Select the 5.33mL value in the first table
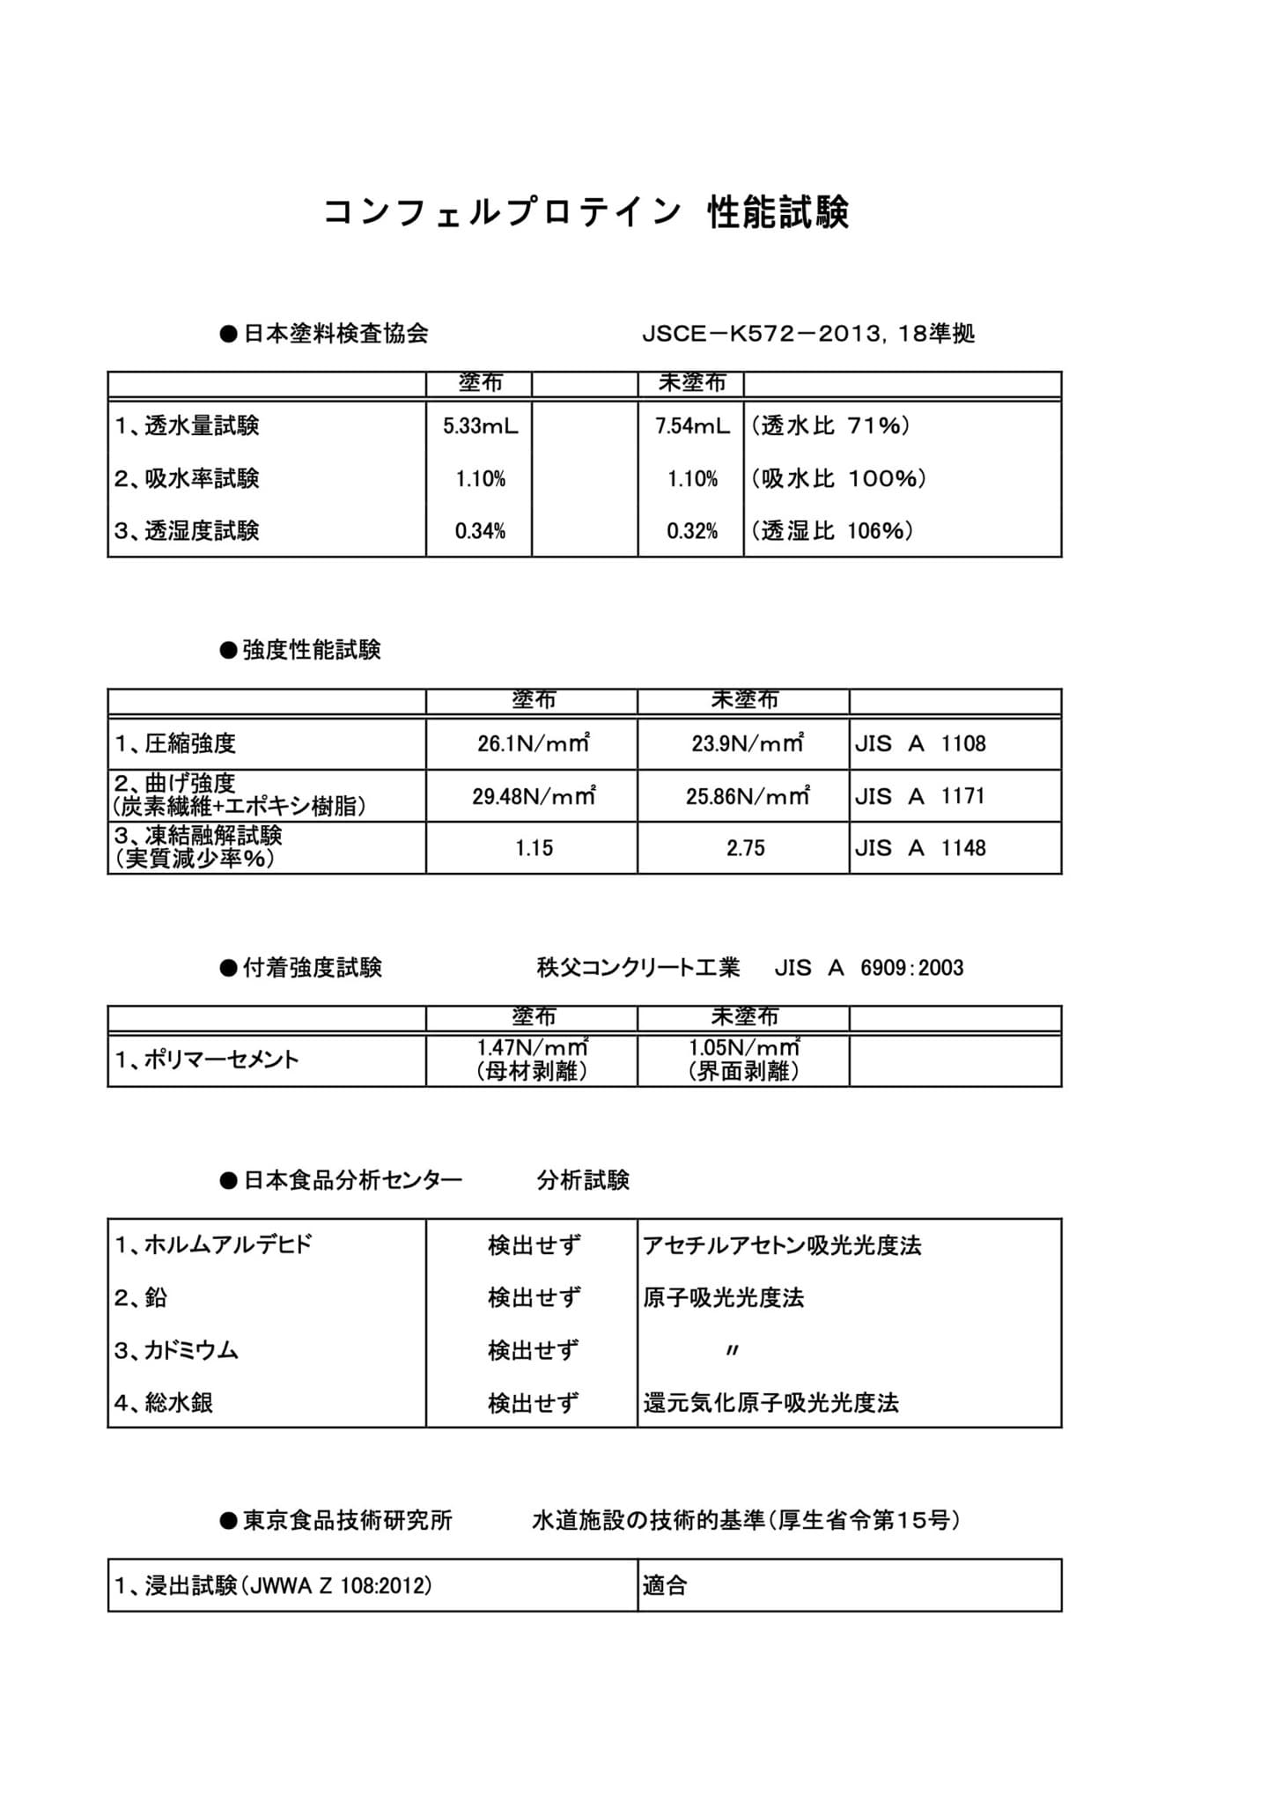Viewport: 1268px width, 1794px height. coord(480,427)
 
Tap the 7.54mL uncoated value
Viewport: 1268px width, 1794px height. coord(692,427)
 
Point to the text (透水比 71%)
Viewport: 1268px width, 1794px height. coord(830,427)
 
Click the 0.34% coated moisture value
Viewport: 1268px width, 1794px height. coord(480,532)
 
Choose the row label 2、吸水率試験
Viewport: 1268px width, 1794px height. coord(187,479)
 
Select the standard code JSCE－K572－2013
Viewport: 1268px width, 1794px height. coord(761,335)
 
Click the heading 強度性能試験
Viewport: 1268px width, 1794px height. coord(311,651)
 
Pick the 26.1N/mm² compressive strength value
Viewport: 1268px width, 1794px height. coord(533,744)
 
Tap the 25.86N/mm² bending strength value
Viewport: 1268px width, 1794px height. coord(747,797)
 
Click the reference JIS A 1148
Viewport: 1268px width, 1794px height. coord(920,849)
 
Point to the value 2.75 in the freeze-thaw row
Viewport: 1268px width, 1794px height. coord(745,849)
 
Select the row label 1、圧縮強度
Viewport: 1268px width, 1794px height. coord(175,744)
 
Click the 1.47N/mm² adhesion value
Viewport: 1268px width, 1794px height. coord(532,1048)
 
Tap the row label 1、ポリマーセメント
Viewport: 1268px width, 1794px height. coord(207,1060)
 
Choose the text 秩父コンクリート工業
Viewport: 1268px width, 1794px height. coord(638,969)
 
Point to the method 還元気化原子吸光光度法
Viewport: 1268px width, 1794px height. coord(770,1404)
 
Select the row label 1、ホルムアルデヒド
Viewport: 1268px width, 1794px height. coord(213,1245)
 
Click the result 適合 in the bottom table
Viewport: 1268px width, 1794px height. coord(665,1587)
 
